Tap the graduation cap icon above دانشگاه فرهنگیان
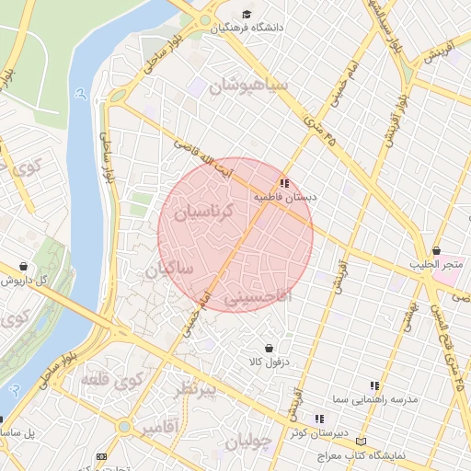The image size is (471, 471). (x=247, y=14)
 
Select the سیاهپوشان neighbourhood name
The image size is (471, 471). (x=248, y=87)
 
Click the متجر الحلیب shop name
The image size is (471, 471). (x=436, y=265)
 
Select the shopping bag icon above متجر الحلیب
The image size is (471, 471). (x=436, y=250)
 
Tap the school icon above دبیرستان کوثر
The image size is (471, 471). (x=319, y=419)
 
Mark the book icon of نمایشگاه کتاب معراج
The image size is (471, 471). (x=360, y=442)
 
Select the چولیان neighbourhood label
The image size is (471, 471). (x=247, y=441)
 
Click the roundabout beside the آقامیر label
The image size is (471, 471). (x=124, y=426)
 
